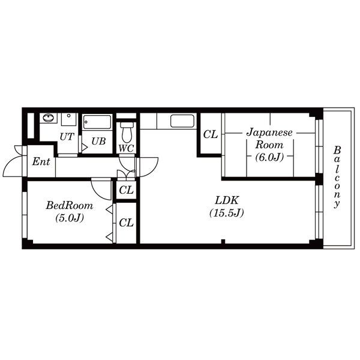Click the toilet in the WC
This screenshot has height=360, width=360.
pos(127,132)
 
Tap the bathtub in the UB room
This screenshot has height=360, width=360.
pos(97,122)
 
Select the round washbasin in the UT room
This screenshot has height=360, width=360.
pos(49,118)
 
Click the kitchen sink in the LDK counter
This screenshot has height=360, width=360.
pos(182,121)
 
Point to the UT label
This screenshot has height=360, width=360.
pos(67,137)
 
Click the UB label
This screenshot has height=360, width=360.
pos(98,142)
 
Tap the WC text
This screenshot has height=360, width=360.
pos(126,149)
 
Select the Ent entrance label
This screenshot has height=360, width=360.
pos(41,161)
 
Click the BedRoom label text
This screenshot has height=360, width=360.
pos(70,205)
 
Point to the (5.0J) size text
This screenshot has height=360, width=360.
pos(70,218)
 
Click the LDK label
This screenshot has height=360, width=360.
pos(227,200)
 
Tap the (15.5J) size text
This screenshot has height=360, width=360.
pos(227,213)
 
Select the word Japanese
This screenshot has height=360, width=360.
pos(269,133)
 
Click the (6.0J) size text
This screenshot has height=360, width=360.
pos(269,157)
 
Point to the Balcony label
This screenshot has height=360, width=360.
pos(337,177)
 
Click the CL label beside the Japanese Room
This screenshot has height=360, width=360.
pos(211,134)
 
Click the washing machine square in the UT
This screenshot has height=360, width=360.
pos(68,119)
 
